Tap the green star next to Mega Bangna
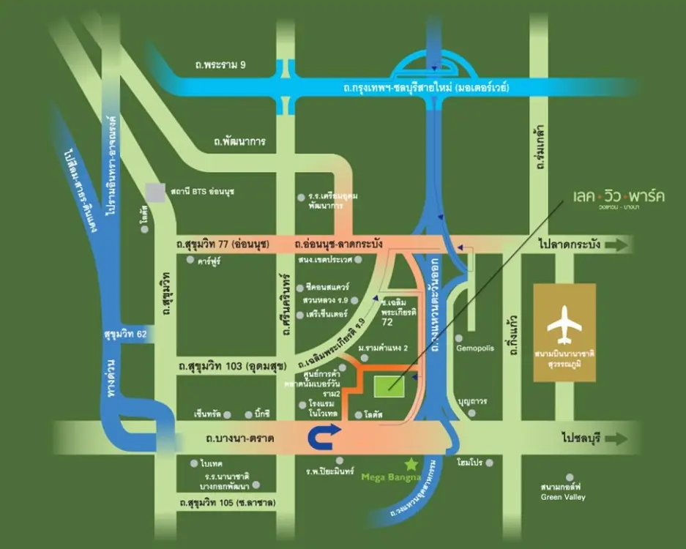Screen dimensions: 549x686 tap(411, 463)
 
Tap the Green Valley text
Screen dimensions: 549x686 tap(562, 497)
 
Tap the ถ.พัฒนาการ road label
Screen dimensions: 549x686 tap(235, 141)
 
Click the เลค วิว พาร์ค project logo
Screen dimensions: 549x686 tap(619, 198)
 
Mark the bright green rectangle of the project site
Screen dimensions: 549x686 tap(388, 385)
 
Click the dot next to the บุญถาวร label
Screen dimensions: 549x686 tap(471, 413)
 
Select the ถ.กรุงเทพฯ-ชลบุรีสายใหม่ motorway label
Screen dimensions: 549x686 tap(436, 88)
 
